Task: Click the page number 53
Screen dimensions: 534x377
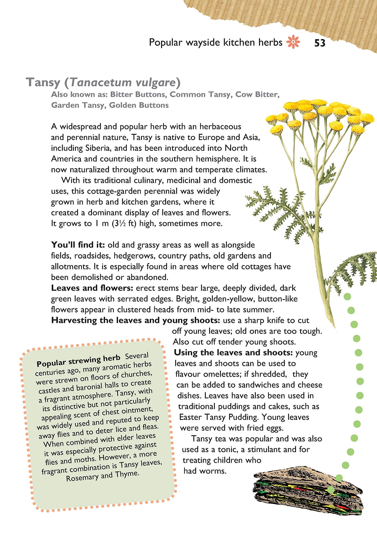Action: pos(320,43)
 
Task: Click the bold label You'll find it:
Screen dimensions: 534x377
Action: pos(78,245)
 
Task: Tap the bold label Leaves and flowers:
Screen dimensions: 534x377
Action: pos(92,288)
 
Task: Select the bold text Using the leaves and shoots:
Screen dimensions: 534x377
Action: pos(233,353)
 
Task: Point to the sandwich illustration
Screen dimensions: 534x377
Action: pos(307,490)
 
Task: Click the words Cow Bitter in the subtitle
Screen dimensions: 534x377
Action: pos(257,95)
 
